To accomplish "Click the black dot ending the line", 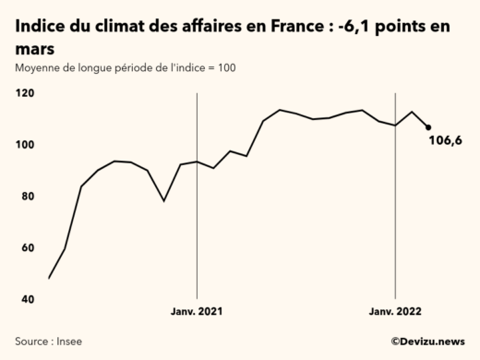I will [428, 127].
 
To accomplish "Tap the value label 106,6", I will [445, 140].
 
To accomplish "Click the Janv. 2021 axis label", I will [197, 312].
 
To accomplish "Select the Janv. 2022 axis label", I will [395, 312].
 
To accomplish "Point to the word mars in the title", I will [35, 49].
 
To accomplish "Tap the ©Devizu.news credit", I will [426, 342].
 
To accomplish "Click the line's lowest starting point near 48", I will [49, 278].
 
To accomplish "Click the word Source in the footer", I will [32, 342].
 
